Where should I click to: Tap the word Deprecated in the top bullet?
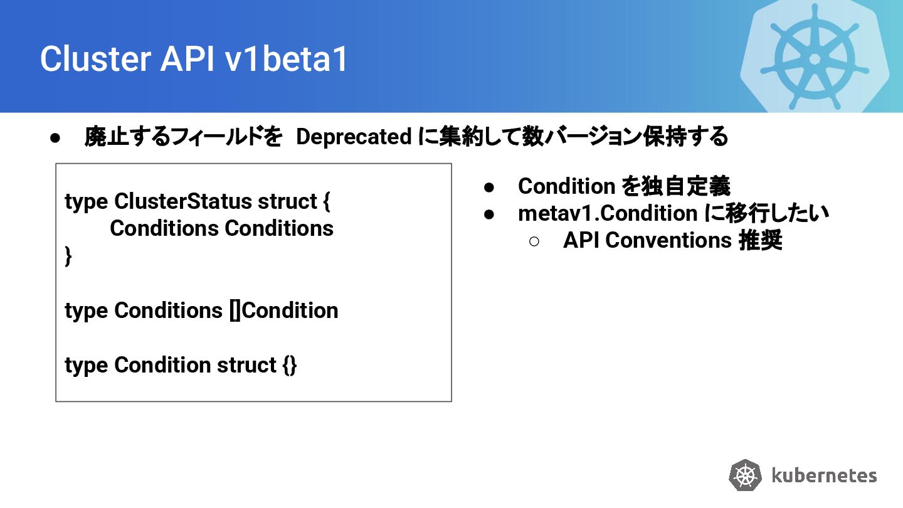(354, 137)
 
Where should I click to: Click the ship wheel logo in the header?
(815, 58)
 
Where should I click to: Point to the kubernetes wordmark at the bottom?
(823, 475)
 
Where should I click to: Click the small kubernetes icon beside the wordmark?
(746, 475)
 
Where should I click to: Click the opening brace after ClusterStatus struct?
(325, 202)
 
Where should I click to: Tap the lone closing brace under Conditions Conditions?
(68, 257)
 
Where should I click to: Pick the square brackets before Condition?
(235, 310)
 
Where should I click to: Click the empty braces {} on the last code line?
(290, 365)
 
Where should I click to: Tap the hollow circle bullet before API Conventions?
(534, 241)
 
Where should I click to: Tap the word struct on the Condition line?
(246, 365)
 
